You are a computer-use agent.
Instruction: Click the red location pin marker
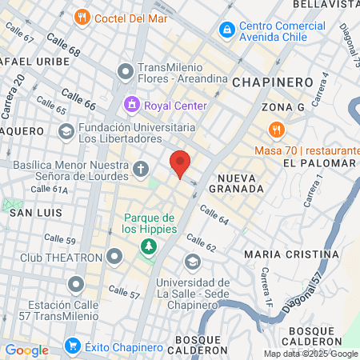pos(181,162)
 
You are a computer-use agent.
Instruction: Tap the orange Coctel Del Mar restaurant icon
pos(82,17)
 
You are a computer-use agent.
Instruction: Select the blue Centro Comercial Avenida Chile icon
pos(227,30)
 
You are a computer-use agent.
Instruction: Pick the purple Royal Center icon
pos(130,105)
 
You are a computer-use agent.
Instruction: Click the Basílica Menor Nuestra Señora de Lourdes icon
pos(141,168)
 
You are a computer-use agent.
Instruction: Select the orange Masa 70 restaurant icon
pos(276,129)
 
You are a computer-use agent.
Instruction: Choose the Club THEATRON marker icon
pos(114,257)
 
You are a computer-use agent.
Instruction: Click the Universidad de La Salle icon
pos(192,262)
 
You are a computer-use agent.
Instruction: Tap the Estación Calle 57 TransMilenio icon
pos(76,284)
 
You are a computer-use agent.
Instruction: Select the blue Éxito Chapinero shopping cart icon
pos(73,346)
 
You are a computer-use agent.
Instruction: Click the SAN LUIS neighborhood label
pos(30,214)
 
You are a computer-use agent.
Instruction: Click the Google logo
pos(26,350)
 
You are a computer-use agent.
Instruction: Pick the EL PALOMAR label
pos(318,162)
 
